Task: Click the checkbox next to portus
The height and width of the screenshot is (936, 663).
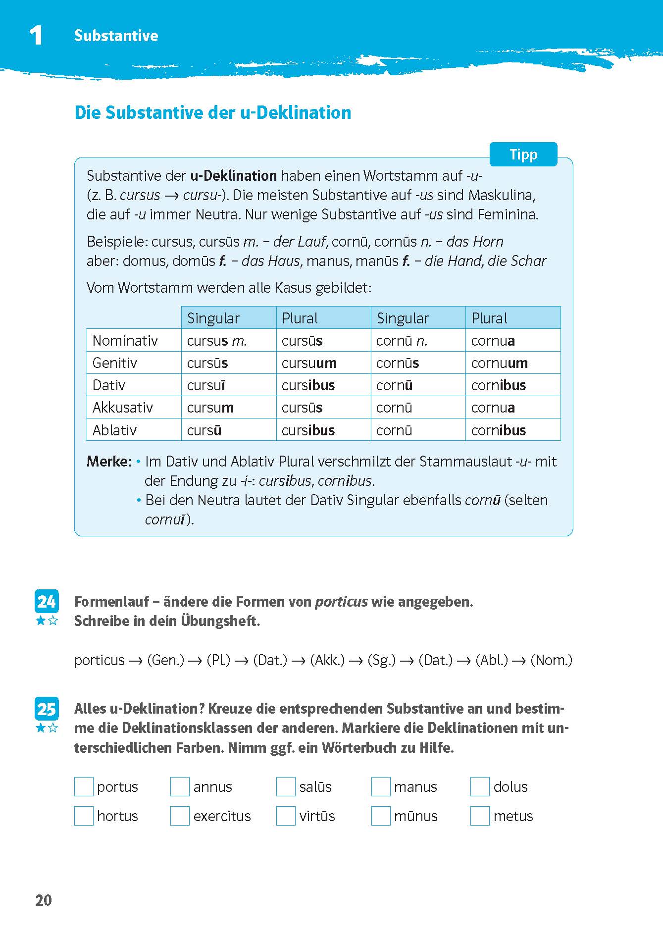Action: [84, 786]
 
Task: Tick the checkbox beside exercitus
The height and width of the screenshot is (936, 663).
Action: [180, 816]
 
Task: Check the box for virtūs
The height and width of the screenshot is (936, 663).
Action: [286, 816]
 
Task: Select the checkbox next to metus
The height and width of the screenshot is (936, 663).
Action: [479, 816]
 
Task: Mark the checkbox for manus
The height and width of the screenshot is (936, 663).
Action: [381, 786]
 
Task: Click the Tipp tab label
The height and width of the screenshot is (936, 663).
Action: [523, 155]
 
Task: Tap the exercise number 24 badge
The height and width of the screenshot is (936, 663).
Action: [47, 601]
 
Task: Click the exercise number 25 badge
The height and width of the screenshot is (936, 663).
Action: [47, 709]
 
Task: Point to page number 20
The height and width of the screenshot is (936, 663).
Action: [44, 900]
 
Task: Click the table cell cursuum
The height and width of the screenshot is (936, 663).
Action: [309, 363]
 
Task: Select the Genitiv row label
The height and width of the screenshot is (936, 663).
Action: [114, 363]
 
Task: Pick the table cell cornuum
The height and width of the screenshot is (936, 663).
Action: [499, 363]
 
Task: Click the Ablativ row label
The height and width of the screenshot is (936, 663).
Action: [114, 430]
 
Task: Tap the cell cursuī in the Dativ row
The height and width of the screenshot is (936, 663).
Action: [206, 385]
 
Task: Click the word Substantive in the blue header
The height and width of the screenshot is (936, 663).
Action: [116, 36]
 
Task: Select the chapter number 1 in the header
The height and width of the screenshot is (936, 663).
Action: [36, 36]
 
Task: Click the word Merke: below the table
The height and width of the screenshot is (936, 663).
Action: [109, 462]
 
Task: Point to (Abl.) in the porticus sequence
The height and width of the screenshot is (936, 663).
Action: [491, 660]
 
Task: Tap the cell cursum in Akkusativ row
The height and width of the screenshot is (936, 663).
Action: [210, 408]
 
